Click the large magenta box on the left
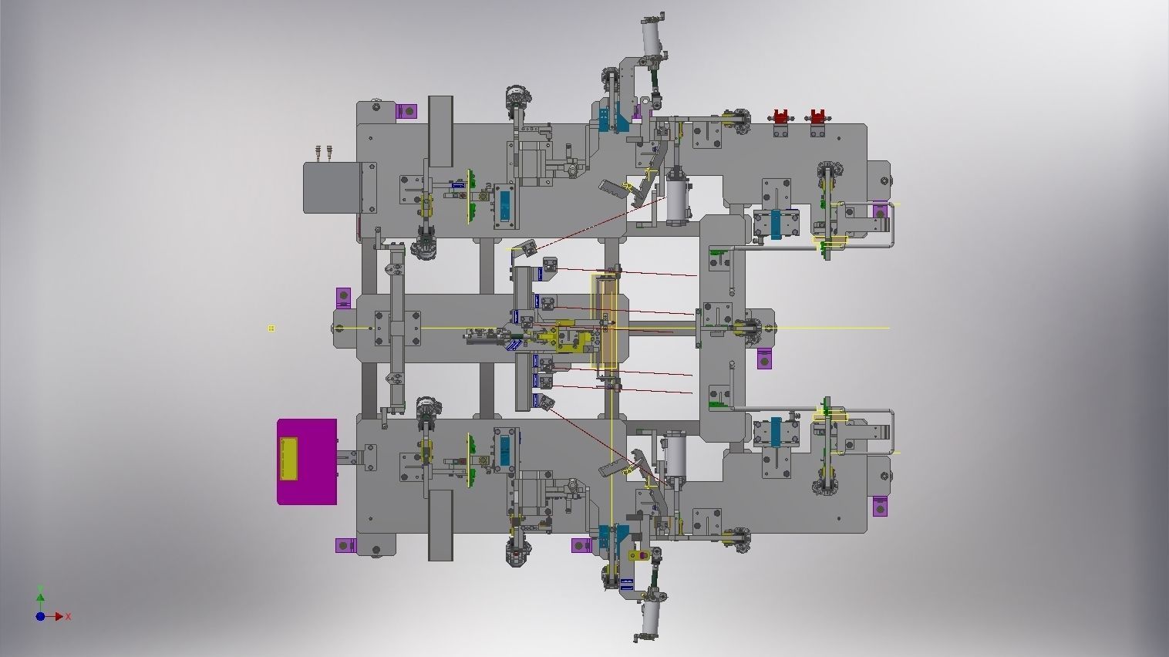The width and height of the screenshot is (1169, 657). (307, 462)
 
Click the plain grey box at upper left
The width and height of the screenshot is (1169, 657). (332, 187)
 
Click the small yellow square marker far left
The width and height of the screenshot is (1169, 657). (271, 328)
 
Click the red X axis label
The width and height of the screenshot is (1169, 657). (69, 616)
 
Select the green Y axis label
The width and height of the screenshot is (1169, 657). (40, 590)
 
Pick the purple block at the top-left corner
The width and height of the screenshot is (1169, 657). (406, 112)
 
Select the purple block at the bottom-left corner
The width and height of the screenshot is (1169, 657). (345, 546)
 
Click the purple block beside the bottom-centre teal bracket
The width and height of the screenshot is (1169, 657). (581, 546)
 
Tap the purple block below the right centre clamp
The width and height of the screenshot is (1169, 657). (764, 359)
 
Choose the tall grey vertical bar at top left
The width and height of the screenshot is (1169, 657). (440, 131)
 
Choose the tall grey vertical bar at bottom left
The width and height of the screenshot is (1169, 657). (440, 524)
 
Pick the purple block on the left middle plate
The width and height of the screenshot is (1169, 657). (343, 298)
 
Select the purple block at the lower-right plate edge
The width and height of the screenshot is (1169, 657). (878, 507)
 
